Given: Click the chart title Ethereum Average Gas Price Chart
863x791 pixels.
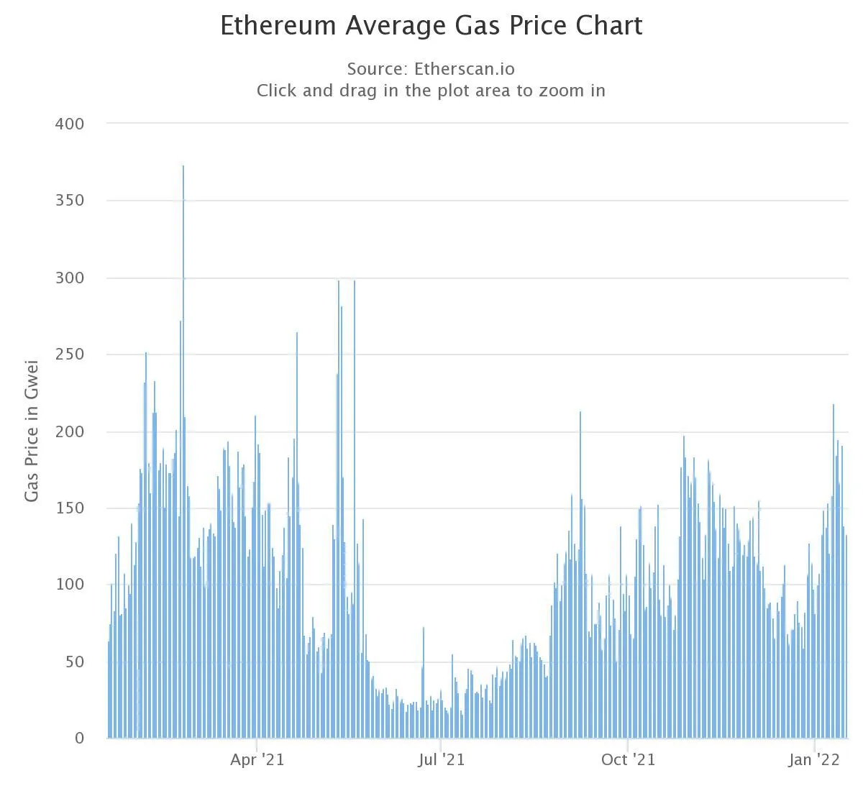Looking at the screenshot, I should pos(431,26).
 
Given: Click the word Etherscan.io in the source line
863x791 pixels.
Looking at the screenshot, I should pos(465,69).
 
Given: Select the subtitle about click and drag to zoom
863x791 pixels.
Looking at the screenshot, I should pos(431,91).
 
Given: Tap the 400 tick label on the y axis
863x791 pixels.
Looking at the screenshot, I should pos(70,124).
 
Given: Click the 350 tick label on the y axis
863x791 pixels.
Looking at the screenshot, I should pos(70,201).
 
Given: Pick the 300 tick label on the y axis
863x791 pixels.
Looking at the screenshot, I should pos(70,278).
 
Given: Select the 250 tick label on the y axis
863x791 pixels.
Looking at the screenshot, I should pos(70,355).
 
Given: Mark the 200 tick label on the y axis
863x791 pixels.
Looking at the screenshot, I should pos(70,431).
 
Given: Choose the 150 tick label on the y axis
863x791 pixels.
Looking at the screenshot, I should pos(70,508).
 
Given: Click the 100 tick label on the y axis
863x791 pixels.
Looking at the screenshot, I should pos(70,585).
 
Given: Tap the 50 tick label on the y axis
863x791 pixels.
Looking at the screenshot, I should pos(74,662).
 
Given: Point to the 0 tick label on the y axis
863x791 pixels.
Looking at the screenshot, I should pos(79,738).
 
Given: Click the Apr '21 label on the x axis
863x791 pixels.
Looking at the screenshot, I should pos(257,760).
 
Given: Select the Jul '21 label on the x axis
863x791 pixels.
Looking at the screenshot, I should pos(441,760).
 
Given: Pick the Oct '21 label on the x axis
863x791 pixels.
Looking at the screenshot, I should pos(629,760).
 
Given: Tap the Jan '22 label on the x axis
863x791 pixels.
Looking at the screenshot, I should pos(814,760).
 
